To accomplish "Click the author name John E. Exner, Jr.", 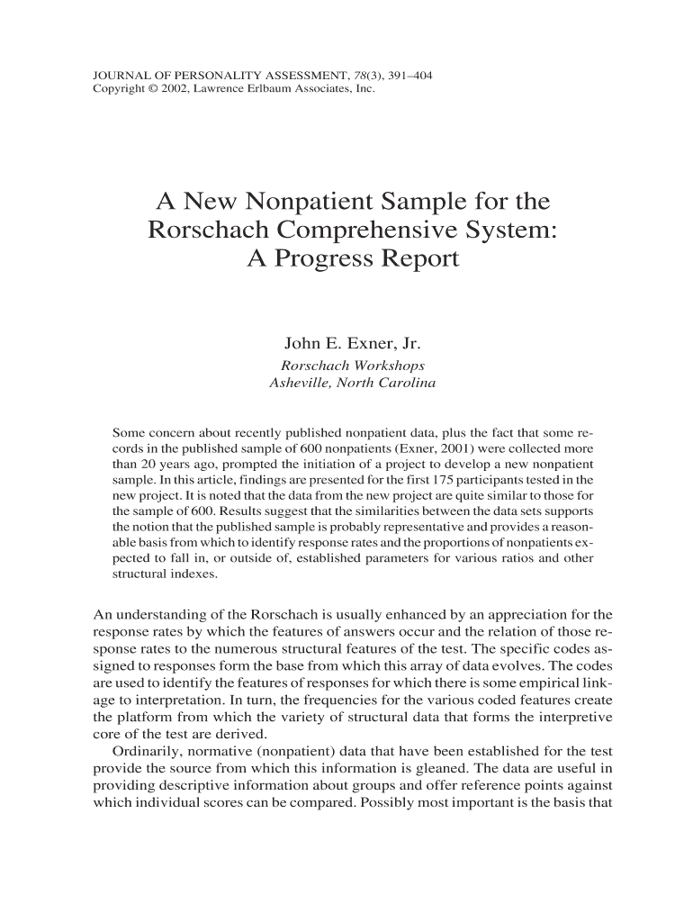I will (x=353, y=344).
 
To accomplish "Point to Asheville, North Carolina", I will (x=353, y=384).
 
